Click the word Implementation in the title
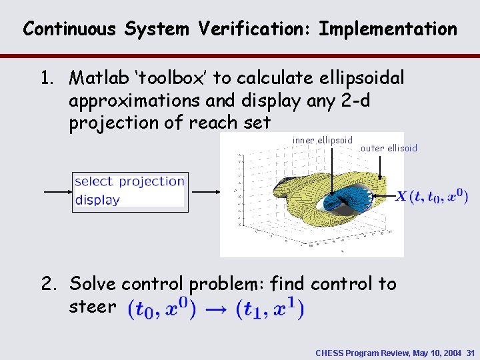point(388,29)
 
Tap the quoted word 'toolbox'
point(172,79)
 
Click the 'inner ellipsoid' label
point(323,141)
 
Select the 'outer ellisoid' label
point(389,149)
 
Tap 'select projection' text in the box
point(129,181)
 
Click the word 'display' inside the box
point(97,199)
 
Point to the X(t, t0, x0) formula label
point(432,197)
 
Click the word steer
point(92,307)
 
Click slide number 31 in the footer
point(470,352)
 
